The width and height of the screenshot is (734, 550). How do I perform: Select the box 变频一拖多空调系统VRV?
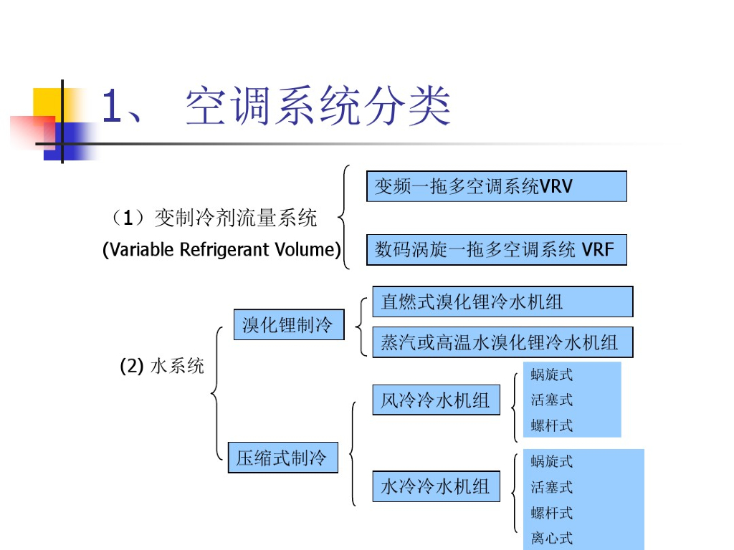pyautogui.click(x=496, y=186)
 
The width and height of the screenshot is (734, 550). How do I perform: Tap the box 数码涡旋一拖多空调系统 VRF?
pyautogui.click(x=496, y=250)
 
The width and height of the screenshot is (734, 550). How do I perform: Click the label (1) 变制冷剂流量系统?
pyautogui.click(x=214, y=218)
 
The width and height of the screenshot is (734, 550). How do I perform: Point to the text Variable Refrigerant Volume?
pyautogui.click(x=221, y=250)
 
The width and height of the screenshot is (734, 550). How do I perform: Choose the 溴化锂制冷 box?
pyautogui.click(x=288, y=325)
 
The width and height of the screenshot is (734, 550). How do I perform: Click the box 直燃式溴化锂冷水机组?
pyautogui.click(x=502, y=301)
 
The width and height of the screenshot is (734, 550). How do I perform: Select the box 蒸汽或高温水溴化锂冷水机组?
pyautogui.click(x=502, y=342)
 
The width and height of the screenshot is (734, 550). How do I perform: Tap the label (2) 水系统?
pyautogui.click(x=162, y=367)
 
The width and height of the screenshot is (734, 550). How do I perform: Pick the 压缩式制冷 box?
pyautogui.click(x=282, y=458)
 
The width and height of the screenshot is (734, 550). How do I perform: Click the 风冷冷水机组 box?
pyautogui.click(x=436, y=400)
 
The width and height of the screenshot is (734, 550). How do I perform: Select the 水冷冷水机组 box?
pyautogui.click(x=436, y=487)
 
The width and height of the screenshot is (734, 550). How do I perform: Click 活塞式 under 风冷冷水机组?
pyautogui.click(x=552, y=400)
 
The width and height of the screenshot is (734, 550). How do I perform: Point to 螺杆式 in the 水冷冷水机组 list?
pyautogui.click(x=552, y=513)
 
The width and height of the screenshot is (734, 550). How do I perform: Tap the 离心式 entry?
pyautogui.click(x=552, y=538)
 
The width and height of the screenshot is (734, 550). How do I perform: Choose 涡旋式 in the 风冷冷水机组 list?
pyautogui.click(x=552, y=375)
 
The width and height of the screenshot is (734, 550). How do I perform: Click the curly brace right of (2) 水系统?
pyautogui.click(x=216, y=392)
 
